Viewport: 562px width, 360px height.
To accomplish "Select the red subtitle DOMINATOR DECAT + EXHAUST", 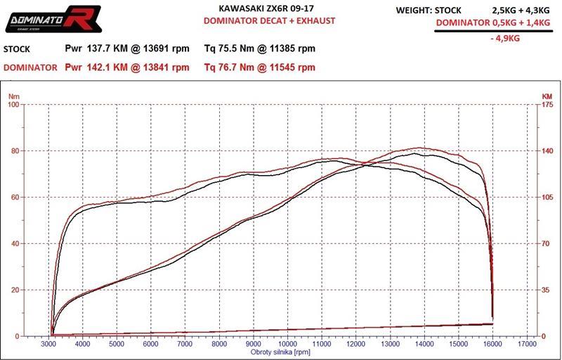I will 269,21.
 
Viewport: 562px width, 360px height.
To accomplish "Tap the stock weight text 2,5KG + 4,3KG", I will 515,11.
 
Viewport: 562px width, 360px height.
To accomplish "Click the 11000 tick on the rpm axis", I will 322,344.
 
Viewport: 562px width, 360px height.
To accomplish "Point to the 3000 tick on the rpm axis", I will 48,344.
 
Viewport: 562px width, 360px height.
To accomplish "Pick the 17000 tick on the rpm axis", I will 527,344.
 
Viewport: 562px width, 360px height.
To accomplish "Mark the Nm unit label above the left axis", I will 14,96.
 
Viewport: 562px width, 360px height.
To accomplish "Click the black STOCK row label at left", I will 17,50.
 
